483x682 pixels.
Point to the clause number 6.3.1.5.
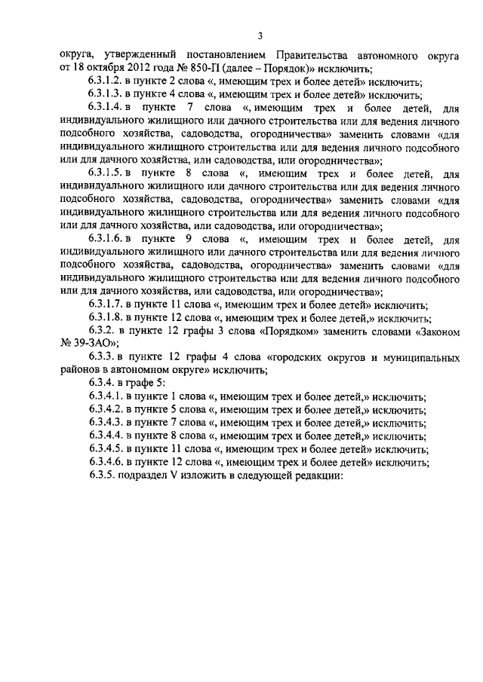(x=106, y=173)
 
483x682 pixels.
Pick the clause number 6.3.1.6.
(x=106, y=240)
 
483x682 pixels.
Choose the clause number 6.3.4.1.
(x=106, y=397)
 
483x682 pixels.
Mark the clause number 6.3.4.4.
(x=106, y=436)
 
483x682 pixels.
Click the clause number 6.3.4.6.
(x=106, y=463)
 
